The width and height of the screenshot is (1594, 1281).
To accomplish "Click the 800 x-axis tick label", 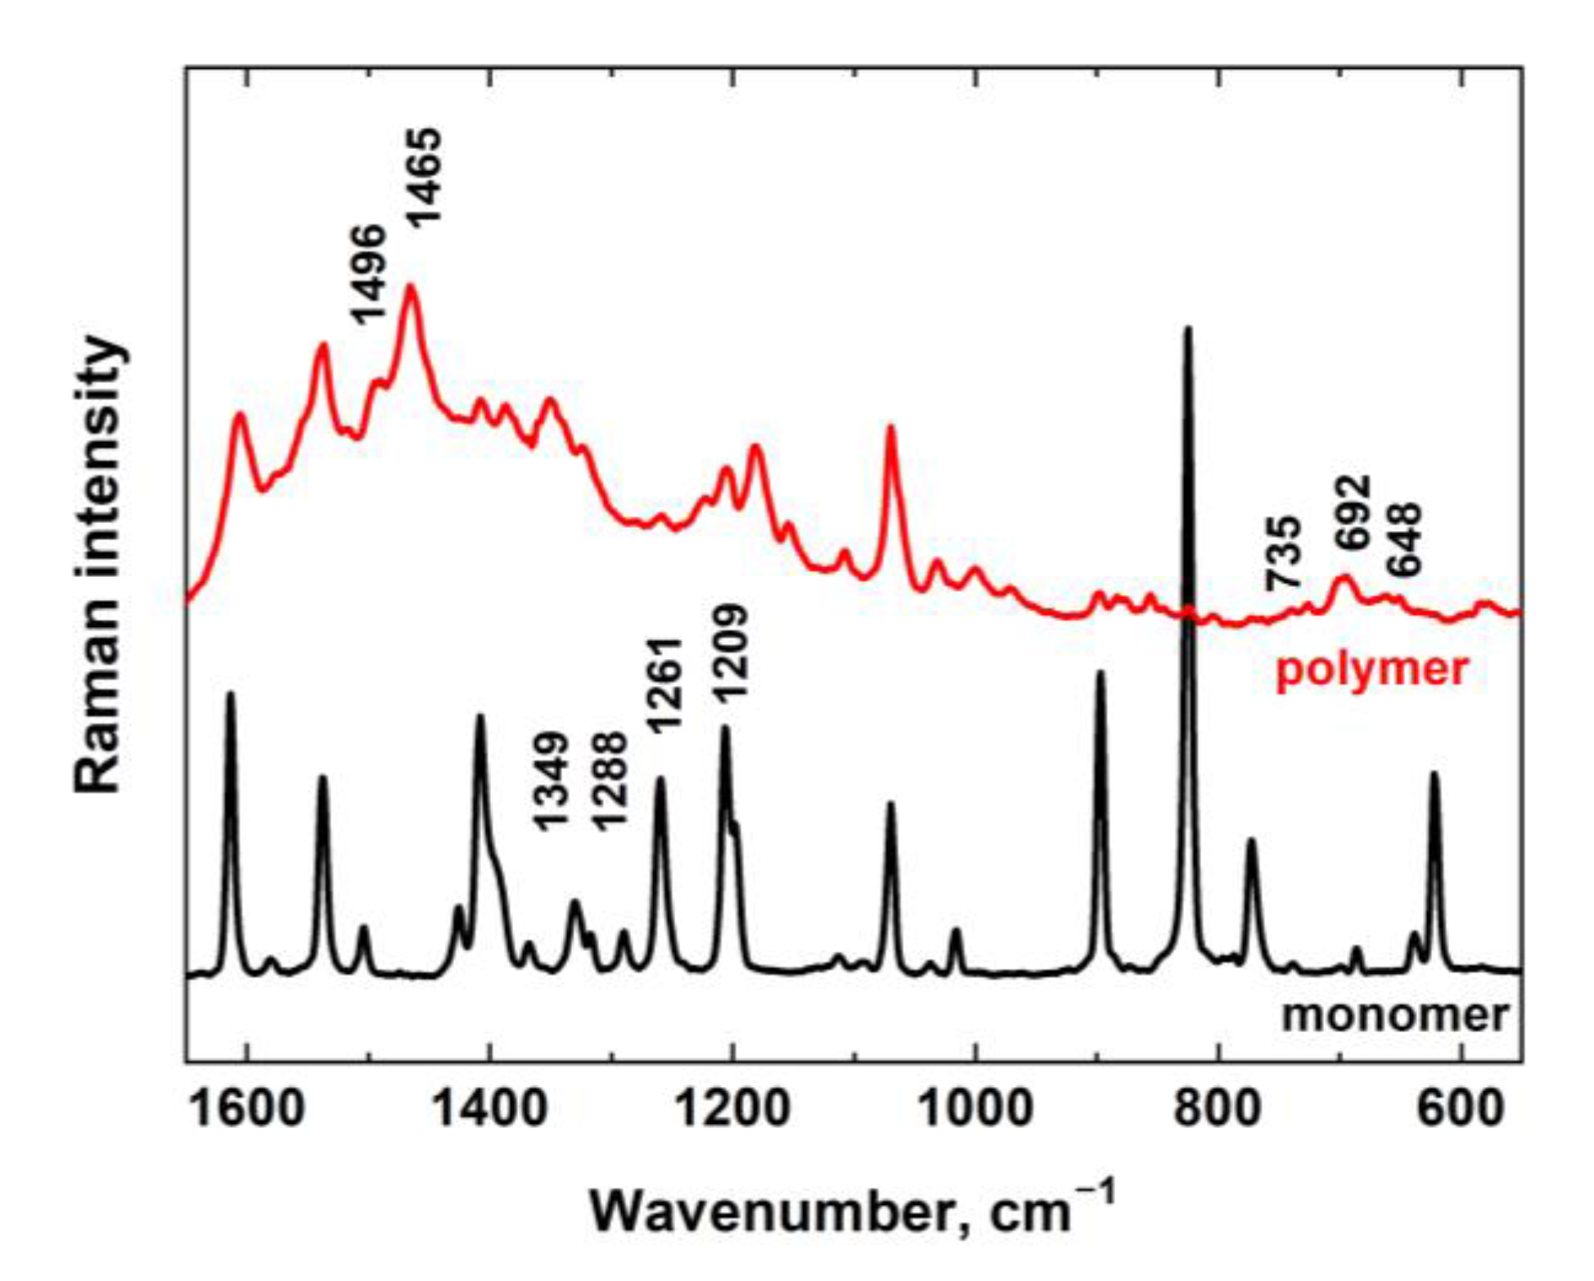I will click(x=1218, y=1110).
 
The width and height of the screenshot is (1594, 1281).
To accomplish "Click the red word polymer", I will click(x=1372, y=669).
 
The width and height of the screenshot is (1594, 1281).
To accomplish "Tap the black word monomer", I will click(x=1394, y=1015).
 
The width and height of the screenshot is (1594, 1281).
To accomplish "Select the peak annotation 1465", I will click(x=426, y=176).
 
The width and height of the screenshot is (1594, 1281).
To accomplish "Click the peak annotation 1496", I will click(x=367, y=274).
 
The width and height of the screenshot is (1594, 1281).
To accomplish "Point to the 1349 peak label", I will click(x=551, y=782).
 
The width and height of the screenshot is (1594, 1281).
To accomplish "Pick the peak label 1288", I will click(x=610, y=782).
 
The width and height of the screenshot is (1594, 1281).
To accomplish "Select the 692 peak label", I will click(x=1351, y=512).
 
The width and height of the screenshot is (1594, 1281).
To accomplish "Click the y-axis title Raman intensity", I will click(x=99, y=565).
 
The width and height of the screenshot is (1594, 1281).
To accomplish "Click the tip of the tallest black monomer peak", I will click(x=1188, y=329).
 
